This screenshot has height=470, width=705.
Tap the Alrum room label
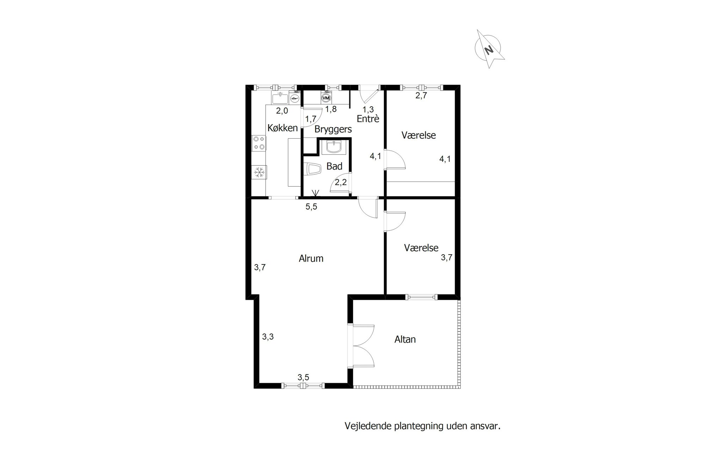[x=311, y=258]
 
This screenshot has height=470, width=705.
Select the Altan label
[x=405, y=339]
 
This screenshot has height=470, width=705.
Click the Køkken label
[x=283, y=128]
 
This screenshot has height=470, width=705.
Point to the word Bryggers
[x=333, y=129]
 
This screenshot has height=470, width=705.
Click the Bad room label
[x=334, y=166]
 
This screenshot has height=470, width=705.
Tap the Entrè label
[x=368, y=118]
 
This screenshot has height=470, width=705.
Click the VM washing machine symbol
[x=326, y=97]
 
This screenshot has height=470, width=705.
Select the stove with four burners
[x=259, y=144]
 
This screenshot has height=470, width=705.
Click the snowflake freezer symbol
[x=259, y=172]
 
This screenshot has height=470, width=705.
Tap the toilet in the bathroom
[x=312, y=169]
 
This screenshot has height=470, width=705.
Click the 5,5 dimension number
[x=311, y=207]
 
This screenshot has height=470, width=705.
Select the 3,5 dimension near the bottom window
[x=303, y=377]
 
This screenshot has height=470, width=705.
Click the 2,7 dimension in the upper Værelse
[x=421, y=95]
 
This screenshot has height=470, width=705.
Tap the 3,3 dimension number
[x=268, y=337]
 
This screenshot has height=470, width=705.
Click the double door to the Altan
[x=361, y=346]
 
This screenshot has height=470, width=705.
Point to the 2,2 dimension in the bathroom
[x=341, y=182]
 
